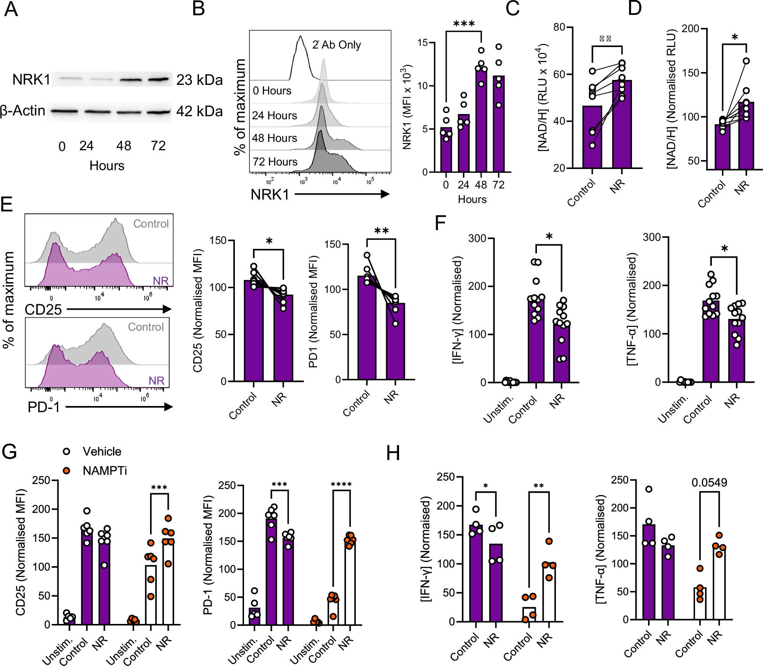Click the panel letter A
(11, 9)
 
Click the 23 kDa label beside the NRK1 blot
(199, 80)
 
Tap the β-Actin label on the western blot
(23, 111)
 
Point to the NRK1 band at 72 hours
(158, 80)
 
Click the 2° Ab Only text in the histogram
(336, 45)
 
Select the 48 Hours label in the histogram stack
(274, 138)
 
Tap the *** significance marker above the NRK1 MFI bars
(464, 24)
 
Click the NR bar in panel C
(622, 126)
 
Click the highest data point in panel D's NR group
(746, 61)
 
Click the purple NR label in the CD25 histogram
(160, 281)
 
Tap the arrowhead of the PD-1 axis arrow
(168, 407)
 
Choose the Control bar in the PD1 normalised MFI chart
(367, 329)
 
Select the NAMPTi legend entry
(105, 471)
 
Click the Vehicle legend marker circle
(66, 452)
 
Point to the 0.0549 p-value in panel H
(709, 482)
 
